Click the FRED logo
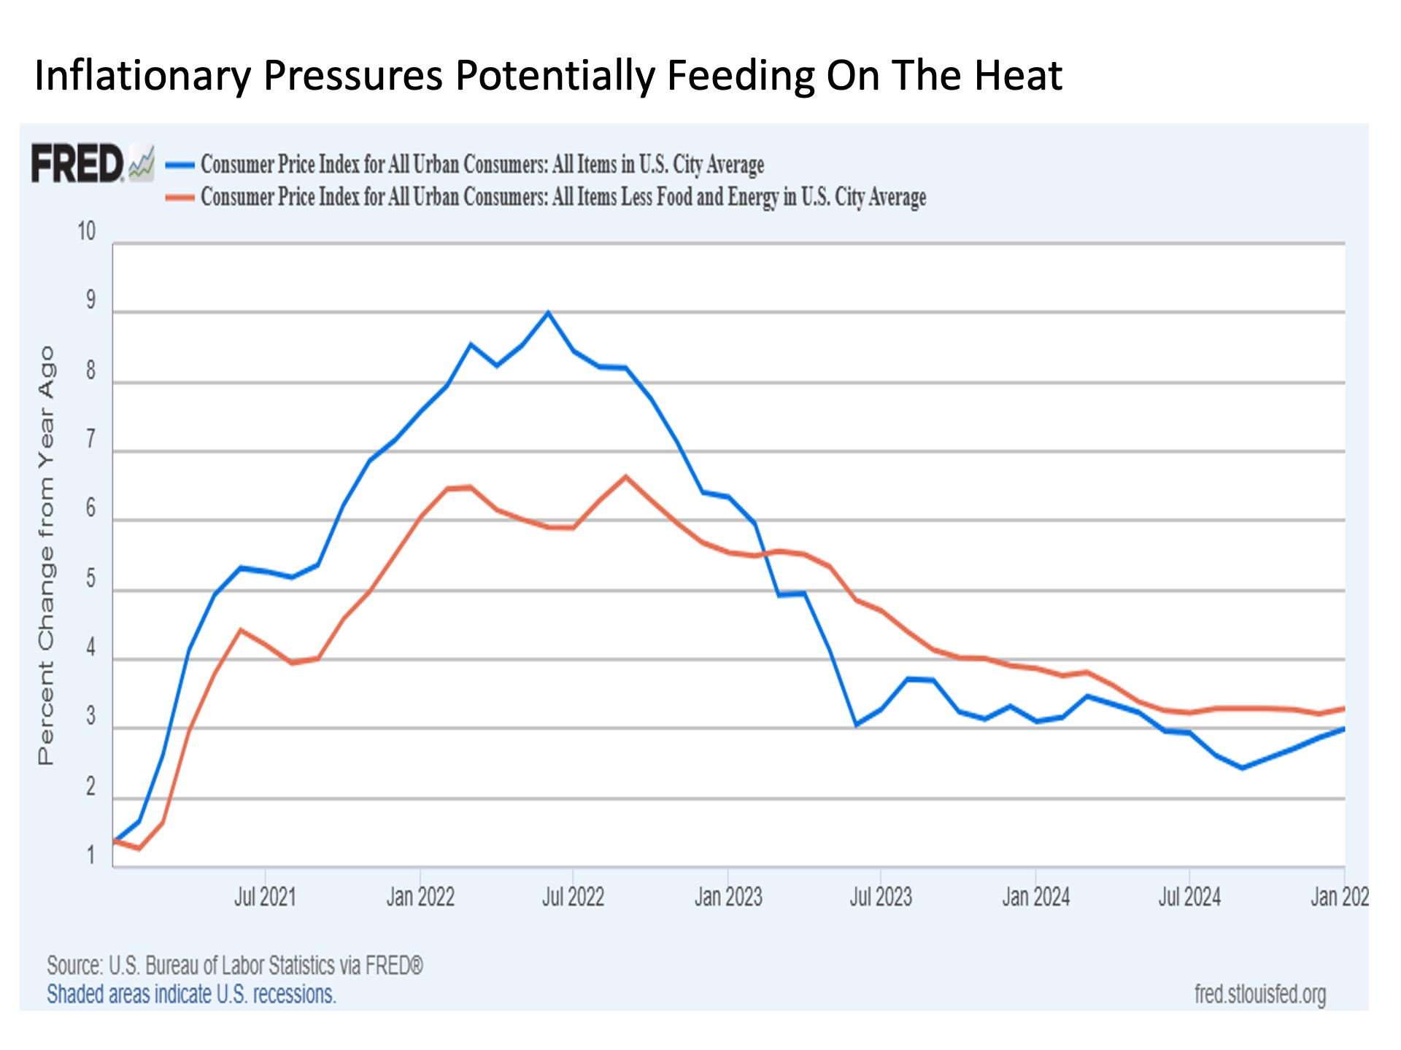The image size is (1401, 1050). point(93,163)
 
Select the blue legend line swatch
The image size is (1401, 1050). point(180,165)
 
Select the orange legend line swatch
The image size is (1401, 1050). point(180,197)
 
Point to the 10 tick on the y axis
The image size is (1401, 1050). point(87,231)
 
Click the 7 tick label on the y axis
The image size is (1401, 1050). point(90,440)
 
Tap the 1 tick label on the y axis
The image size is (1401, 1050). point(91,855)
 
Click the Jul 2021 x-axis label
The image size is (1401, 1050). point(265,896)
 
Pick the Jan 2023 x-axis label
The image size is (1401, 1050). point(728,896)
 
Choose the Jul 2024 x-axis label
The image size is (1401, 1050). point(1189,896)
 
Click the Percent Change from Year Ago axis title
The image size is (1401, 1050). point(46,556)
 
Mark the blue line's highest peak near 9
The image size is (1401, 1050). point(548,312)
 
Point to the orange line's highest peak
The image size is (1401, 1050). point(625,476)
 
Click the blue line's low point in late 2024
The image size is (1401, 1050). point(1242,768)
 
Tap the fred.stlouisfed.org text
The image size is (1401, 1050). point(1260,994)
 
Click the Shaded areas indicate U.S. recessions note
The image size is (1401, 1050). point(191,994)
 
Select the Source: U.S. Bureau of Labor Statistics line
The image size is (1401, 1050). point(235,965)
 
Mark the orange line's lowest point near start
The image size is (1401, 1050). point(139,849)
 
